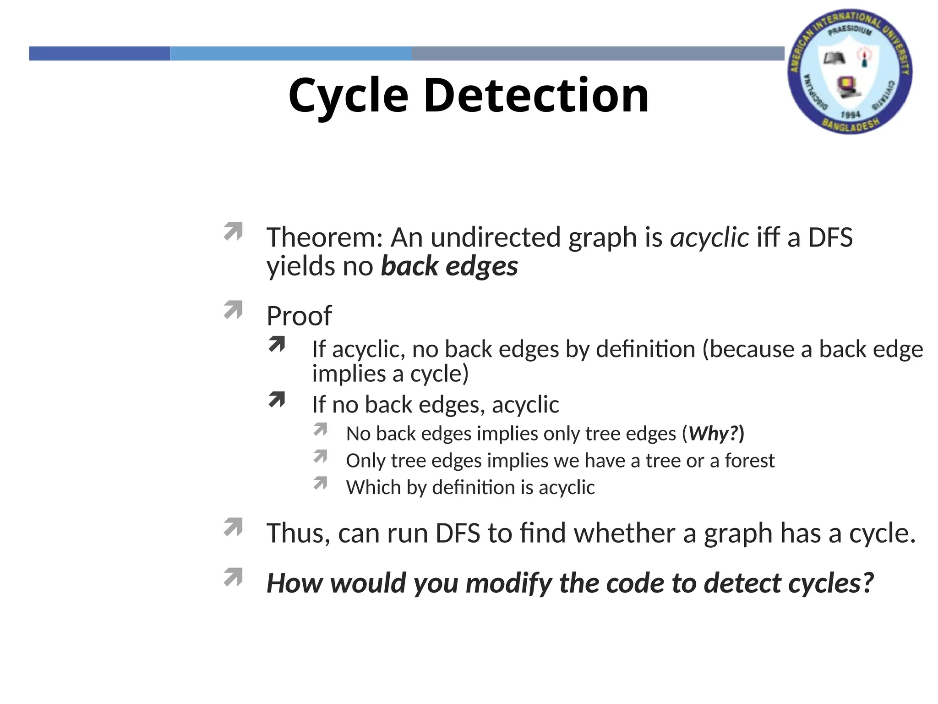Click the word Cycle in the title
(348, 95)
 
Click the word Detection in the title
(536, 95)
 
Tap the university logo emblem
(850, 71)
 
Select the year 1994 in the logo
(851, 114)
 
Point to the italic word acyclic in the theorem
(709, 237)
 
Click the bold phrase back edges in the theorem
(449, 266)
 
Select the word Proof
(299, 316)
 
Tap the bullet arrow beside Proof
(233, 310)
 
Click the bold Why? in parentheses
(716, 434)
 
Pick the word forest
(749, 461)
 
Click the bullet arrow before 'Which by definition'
(321, 483)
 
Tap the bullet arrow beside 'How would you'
(233, 577)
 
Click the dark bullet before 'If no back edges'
(277, 400)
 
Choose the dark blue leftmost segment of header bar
(99, 53)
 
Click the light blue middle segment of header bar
(291, 53)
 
